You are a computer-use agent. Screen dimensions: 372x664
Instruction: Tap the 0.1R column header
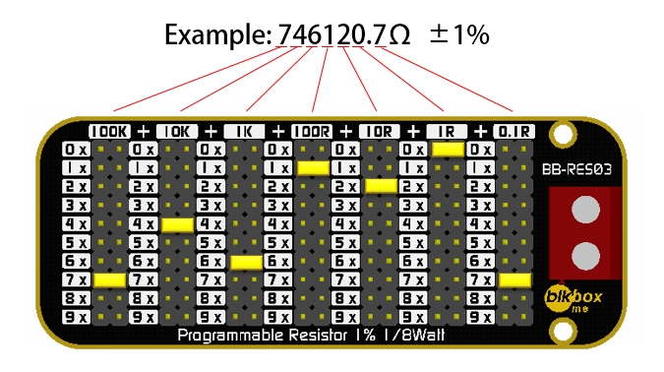point(513,131)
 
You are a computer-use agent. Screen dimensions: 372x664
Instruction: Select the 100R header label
point(312,131)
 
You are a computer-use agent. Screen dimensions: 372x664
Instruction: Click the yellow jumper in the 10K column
point(177,224)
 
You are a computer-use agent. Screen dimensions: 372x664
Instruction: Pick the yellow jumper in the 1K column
point(244,262)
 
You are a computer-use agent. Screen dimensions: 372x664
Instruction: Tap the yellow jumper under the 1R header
point(447,150)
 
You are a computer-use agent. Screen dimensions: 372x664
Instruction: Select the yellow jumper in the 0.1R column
point(513,280)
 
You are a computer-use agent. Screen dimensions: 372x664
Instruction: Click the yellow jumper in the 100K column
point(109,280)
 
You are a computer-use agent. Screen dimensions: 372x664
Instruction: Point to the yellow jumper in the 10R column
point(380,186)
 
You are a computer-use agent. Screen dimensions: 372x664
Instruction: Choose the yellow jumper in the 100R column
point(312,168)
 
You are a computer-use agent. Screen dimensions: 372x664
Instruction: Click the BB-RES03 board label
point(578,169)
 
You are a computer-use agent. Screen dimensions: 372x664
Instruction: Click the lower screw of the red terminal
point(585,256)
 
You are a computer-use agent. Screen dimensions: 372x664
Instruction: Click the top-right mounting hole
point(563,131)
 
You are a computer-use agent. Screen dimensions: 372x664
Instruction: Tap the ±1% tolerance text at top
point(458,35)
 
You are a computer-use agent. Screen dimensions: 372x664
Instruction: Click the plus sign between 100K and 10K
point(144,131)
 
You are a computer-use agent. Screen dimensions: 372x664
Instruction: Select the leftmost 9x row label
point(76,317)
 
